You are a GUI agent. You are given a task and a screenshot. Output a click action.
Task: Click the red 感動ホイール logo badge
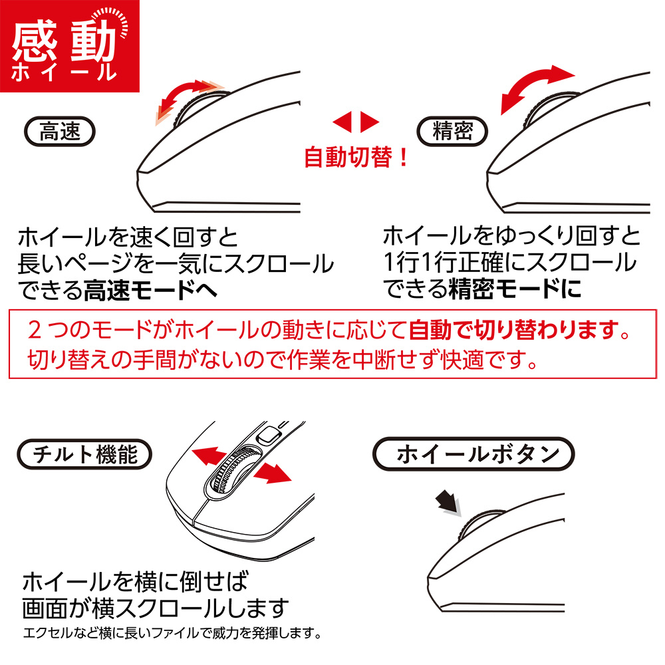click(x=70, y=46)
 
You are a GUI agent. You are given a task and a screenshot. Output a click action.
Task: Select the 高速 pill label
click(x=60, y=132)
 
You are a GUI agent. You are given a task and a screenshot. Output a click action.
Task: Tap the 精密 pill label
click(x=452, y=132)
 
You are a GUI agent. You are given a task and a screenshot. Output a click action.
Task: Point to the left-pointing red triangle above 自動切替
click(x=342, y=122)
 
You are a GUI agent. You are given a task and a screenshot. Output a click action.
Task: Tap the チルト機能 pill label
click(x=84, y=454)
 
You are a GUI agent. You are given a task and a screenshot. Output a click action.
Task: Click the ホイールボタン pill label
click(x=473, y=454)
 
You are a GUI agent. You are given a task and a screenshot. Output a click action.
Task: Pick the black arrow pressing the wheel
click(x=449, y=503)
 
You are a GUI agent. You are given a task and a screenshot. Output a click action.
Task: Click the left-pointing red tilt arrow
click(x=209, y=456)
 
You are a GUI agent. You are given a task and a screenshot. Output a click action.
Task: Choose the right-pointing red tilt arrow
click(x=273, y=473)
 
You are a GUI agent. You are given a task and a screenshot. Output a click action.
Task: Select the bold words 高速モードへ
click(x=150, y=291)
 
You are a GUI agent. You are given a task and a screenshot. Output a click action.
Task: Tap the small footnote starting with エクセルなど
click(x=172, y=633)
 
